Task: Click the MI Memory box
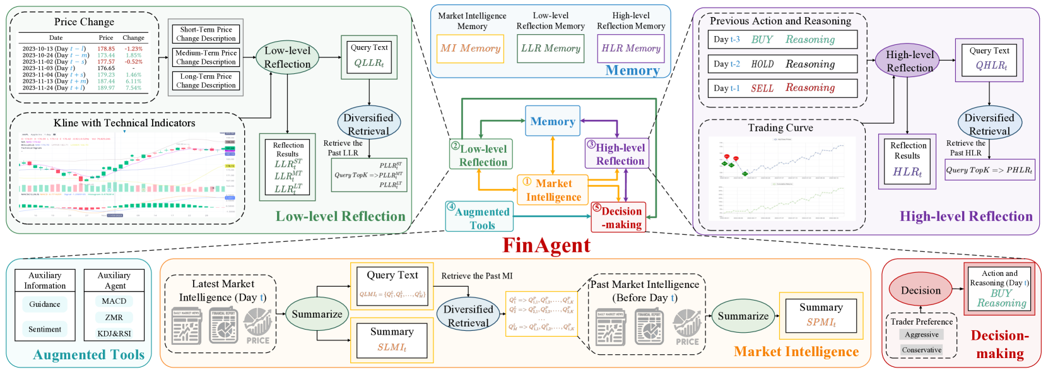point(471,49)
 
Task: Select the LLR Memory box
point(550,49)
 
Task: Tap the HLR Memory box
point(630,49)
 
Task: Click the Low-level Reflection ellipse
point(287,57)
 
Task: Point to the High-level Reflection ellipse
point(910,61)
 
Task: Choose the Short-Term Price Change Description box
point(206,34)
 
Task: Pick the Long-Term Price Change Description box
point(206,81)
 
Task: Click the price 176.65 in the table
point(106,68)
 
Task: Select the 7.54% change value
point(133,88)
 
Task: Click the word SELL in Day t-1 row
point(762,88)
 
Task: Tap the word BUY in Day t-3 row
point(762,40)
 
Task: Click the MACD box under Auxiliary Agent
point(114,301)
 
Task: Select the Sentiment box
point(45,329)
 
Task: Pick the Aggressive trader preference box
point(922,335)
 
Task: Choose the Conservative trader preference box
point(922,350)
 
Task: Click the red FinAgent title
point(546,245)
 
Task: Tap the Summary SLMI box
point(392,340)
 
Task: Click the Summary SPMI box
point(821,315)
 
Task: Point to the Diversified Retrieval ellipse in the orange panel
point(468,316)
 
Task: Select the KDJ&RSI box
point(114,333)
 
